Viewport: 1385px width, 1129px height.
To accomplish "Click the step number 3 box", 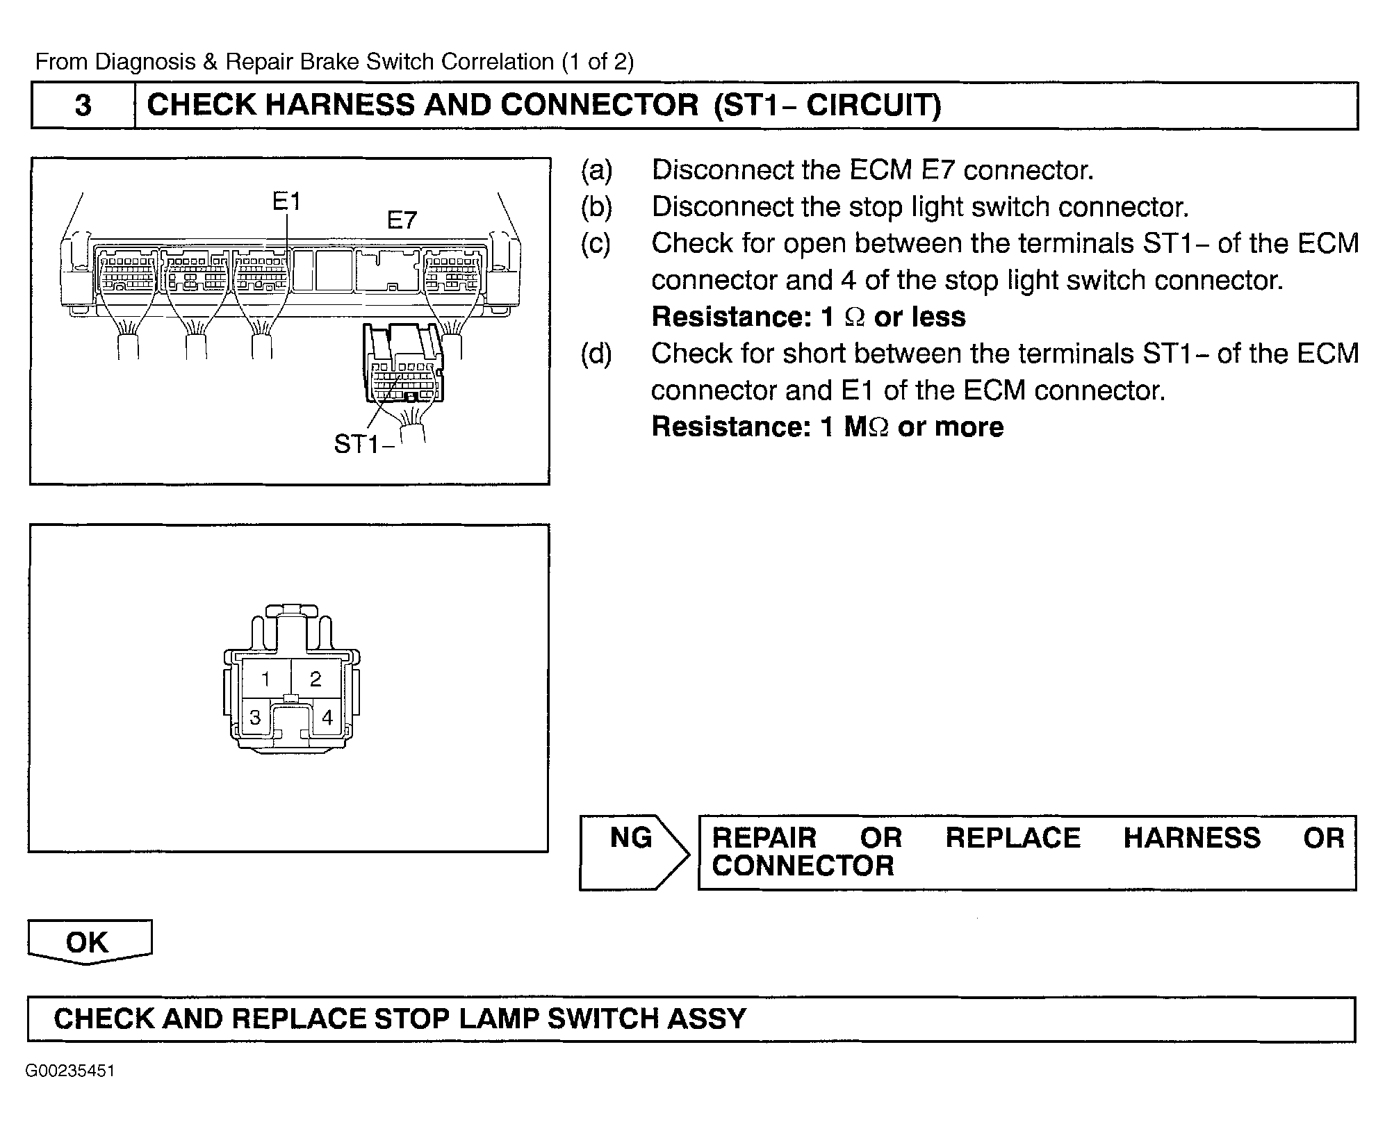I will tap(83, 106).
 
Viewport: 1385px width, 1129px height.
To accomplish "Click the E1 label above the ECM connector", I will tap(286, 201).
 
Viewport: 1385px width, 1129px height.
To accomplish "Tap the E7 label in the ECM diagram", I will tap(402, 221).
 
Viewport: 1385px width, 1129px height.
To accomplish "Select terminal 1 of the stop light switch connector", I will tap(265, 679).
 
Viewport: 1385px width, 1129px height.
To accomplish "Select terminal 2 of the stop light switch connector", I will tap(315, 679).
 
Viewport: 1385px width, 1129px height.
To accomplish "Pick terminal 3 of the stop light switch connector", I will tap(255, 718).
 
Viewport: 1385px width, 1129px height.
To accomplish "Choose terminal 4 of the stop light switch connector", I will tap(327, 718).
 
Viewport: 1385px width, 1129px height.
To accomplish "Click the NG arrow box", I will tap(632, 852).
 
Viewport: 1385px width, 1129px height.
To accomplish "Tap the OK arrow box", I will tap(88, 942).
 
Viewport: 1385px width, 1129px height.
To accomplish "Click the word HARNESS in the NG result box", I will tap(1192, 838).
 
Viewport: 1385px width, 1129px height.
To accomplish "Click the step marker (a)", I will tap(597, 170).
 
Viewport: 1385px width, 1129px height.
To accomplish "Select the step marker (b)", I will tap(597, 207).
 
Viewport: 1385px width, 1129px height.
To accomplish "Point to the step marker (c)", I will tap(596, 244).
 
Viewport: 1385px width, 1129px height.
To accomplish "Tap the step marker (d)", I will tap(597, 354).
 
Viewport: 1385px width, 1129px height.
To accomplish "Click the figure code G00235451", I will tap(70, 1071).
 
